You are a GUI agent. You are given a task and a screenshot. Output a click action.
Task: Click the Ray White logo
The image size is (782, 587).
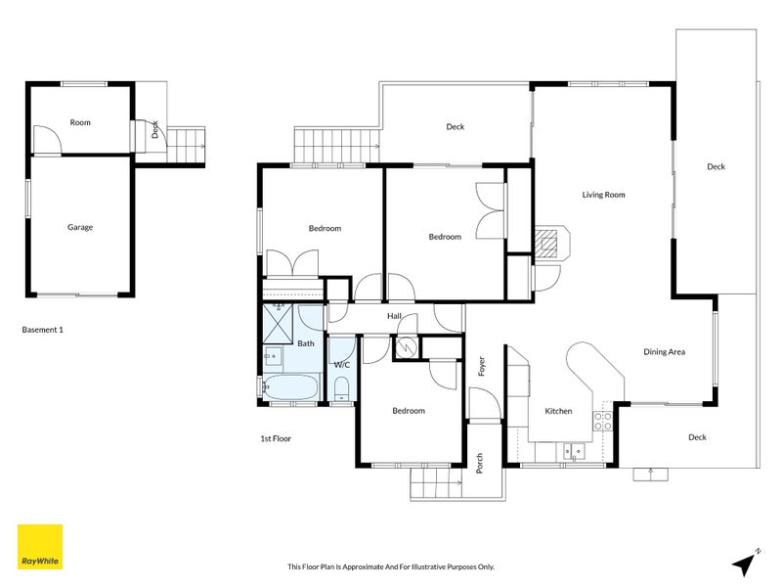pos(40,547)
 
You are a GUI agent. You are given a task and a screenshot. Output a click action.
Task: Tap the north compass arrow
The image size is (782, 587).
pos(745,564)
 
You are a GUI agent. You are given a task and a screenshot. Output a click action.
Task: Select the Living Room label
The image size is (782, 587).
pos(603,195)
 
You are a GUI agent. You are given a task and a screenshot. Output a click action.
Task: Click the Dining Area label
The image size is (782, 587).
pos(664,352)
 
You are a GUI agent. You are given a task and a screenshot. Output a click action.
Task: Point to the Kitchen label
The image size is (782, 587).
pos(558,411)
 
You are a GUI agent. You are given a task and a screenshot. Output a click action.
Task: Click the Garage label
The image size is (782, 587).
pos(80,227)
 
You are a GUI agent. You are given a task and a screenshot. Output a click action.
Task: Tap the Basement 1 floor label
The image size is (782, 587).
pos(42,330)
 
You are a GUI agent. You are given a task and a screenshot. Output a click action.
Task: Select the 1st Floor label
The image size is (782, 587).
pos(276,438)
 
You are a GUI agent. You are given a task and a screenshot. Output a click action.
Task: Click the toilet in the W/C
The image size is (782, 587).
pos(341,389)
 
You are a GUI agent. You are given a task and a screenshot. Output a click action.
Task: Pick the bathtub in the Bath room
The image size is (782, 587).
pos(289,386)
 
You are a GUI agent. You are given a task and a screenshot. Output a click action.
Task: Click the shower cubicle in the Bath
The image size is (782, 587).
pos(278,324)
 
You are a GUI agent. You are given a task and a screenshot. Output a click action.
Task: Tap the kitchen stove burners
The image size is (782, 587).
pos(602,421)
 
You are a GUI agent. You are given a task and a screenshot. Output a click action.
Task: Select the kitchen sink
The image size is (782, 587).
pos(574,451)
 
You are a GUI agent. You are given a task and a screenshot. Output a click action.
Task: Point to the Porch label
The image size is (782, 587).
pos(480,463)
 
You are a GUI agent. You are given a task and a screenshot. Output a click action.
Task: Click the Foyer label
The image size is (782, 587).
pos(482,366)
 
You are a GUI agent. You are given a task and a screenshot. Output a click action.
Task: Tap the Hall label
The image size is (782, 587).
pos(394,316)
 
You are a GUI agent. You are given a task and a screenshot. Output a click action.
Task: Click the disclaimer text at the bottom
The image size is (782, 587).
pos(391,566)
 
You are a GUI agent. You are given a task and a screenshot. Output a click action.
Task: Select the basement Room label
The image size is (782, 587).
pos(80,122)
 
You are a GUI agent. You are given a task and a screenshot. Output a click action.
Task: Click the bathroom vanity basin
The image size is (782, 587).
pos(273,356)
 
